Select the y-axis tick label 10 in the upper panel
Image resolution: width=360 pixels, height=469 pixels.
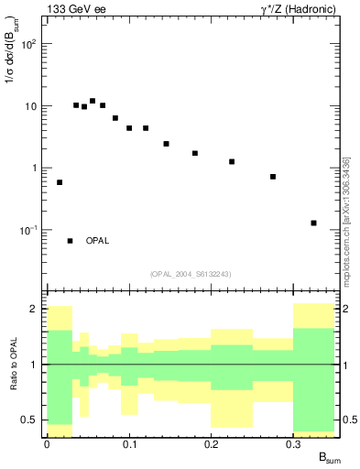click(x=30, y=106)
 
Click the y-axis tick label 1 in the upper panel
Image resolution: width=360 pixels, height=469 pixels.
click(x=34, y=168)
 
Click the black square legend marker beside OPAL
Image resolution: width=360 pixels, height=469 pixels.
click(x=71, y=241)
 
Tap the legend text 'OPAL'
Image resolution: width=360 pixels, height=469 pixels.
click(x=97, y=241)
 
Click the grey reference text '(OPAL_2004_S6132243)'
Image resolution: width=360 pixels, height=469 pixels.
click(x=190, y=273)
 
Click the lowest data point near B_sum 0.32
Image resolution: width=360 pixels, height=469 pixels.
click(x=313, y=223)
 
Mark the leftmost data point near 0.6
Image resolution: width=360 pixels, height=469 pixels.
click(x=60, y=182)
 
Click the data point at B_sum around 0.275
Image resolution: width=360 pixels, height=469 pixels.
click(x=273, y=177)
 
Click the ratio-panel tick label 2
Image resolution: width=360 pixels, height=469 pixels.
click(x=34, y=309)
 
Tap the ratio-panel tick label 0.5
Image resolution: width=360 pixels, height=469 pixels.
click(x=29, y=420)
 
